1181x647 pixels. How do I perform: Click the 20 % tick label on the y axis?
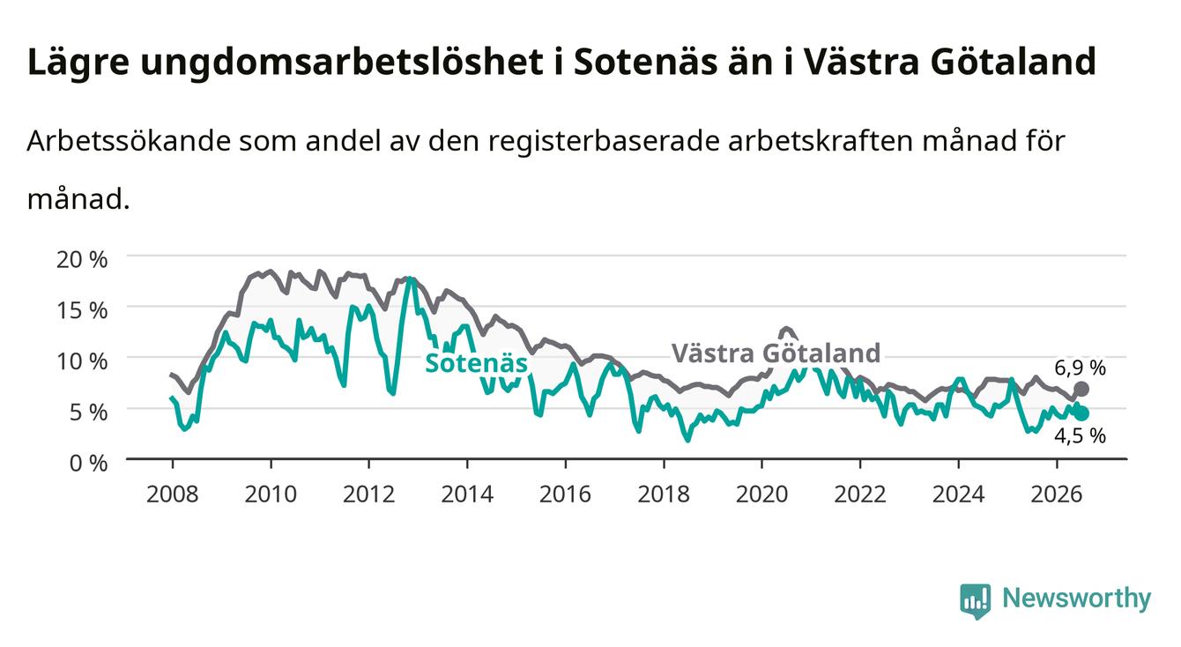pos(82,259)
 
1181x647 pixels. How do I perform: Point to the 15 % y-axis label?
pos(82,310)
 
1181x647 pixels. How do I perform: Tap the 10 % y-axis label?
pos(82,361)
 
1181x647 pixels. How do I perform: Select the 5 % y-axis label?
pos(88,413)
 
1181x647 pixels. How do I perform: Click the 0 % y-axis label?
pos(88,464)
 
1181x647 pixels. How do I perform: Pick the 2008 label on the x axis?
pos(173,495)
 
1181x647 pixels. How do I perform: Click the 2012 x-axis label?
pos(369,495)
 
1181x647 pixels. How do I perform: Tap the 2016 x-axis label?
pos(565,495)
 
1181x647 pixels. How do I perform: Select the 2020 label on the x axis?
pos(761,495)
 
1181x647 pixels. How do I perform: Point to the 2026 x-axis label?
pos(1057,495)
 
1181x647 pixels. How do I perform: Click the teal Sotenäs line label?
pos(476,363)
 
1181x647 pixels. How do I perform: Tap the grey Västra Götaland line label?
pos(776,353)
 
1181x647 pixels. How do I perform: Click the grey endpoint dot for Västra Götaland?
pos(1081,389)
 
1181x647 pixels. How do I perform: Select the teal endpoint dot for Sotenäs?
pos(1081,413)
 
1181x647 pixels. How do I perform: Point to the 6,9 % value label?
pos(1080,368)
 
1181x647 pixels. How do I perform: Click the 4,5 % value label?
pos(1080,436)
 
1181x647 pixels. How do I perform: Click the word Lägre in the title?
pos(78,63)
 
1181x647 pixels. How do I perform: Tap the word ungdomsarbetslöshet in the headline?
pos(342,63)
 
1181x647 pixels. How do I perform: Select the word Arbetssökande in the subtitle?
pos(129,141)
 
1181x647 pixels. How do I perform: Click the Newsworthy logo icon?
pos(975,600)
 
